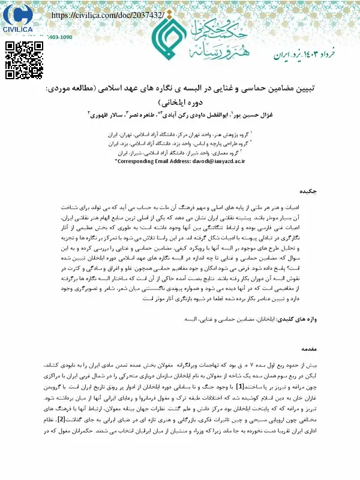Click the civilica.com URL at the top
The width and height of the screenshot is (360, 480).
click(x=108, y=14)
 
